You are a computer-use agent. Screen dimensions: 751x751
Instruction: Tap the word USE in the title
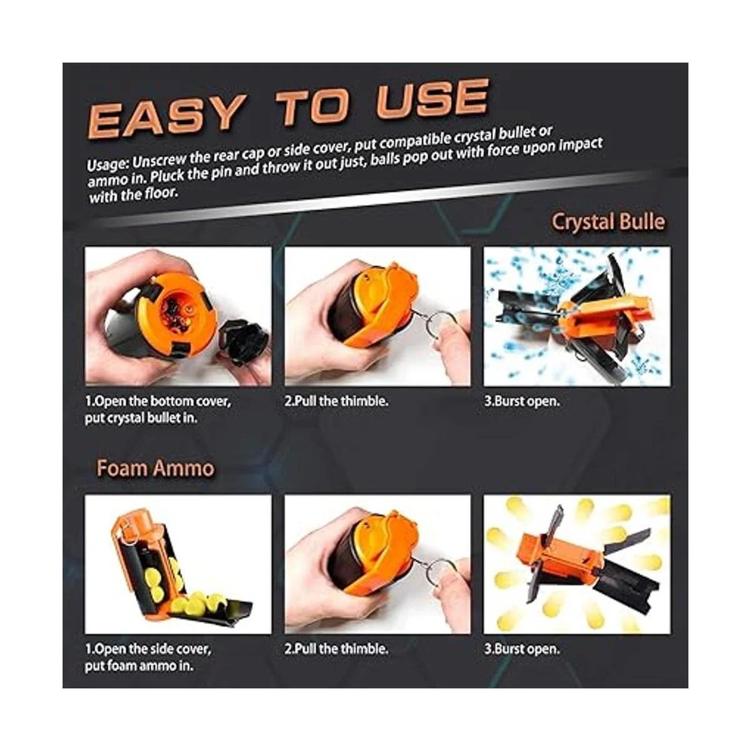point(432,100)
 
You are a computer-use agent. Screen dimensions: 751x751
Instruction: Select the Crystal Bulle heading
point(608,222)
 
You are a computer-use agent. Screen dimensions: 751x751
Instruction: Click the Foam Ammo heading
point(155,468)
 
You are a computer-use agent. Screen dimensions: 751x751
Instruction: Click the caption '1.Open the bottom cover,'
point(158,401)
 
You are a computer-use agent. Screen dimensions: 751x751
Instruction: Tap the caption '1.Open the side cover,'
point(148,649)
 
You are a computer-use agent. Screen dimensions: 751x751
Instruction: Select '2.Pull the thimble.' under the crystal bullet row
point(336,401)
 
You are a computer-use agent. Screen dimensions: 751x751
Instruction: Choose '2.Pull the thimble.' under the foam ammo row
point(336,649)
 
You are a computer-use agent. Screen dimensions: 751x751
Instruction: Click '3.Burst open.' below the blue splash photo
point(522,401)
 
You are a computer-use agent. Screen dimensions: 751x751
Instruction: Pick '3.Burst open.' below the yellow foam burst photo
point(522,649)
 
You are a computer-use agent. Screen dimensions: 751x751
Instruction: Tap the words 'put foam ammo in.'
point(139,666)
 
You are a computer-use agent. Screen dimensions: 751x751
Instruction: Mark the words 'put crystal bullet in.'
point(141,418)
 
